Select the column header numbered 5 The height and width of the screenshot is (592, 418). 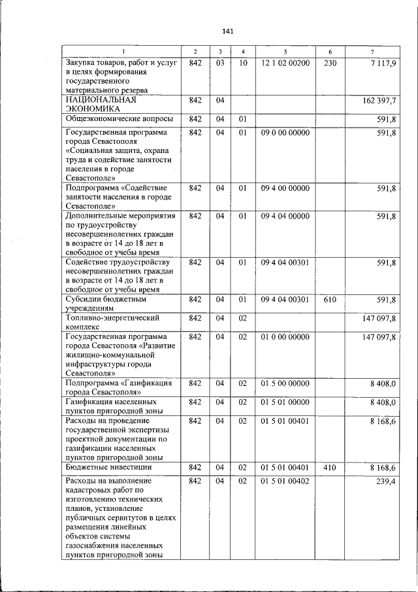point(285,52)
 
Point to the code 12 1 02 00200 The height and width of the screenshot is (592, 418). point(285,63)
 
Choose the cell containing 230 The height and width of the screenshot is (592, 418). point(330,63)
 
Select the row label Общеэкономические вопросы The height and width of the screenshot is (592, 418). point(120,118)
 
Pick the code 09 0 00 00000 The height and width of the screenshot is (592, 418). point(285,133)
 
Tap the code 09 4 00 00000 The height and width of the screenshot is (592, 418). point(285,188)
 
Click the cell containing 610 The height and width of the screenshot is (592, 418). point(330,300)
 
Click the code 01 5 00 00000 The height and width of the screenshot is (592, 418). point(285,383)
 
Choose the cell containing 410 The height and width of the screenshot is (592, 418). point(330,468)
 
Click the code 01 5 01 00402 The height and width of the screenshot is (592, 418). point(285,481)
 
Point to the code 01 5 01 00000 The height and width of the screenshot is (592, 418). point(285,402)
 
